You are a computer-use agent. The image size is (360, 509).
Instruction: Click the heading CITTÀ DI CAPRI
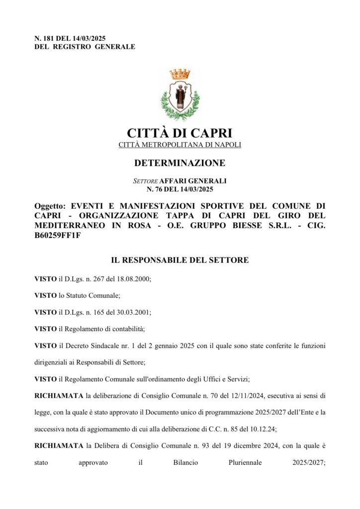click(180, 133)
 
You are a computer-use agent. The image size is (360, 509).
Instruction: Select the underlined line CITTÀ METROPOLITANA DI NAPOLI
click(180, 145)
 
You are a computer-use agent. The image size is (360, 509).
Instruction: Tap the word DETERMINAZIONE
click(180, 163)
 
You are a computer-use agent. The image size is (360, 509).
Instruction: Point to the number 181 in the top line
click(49, 38)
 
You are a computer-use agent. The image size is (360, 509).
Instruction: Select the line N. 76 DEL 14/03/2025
click(180, 189)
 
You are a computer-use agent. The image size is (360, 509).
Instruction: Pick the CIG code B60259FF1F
click(57, 235)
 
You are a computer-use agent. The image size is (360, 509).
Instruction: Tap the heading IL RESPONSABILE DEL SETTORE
click(180, 260)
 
